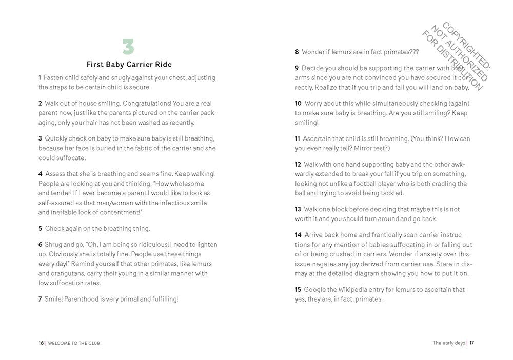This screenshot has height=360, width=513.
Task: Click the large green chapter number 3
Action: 128,47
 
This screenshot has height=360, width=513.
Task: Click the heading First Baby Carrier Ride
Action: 129,65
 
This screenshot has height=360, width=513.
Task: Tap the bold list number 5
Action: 40,228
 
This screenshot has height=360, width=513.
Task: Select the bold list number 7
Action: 40,298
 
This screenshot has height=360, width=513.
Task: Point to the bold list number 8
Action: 297,52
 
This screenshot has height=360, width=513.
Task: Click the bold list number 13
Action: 298,209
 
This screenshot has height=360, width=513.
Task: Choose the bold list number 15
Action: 298,289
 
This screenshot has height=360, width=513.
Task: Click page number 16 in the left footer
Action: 41,343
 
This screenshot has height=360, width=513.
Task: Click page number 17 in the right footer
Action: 471,343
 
